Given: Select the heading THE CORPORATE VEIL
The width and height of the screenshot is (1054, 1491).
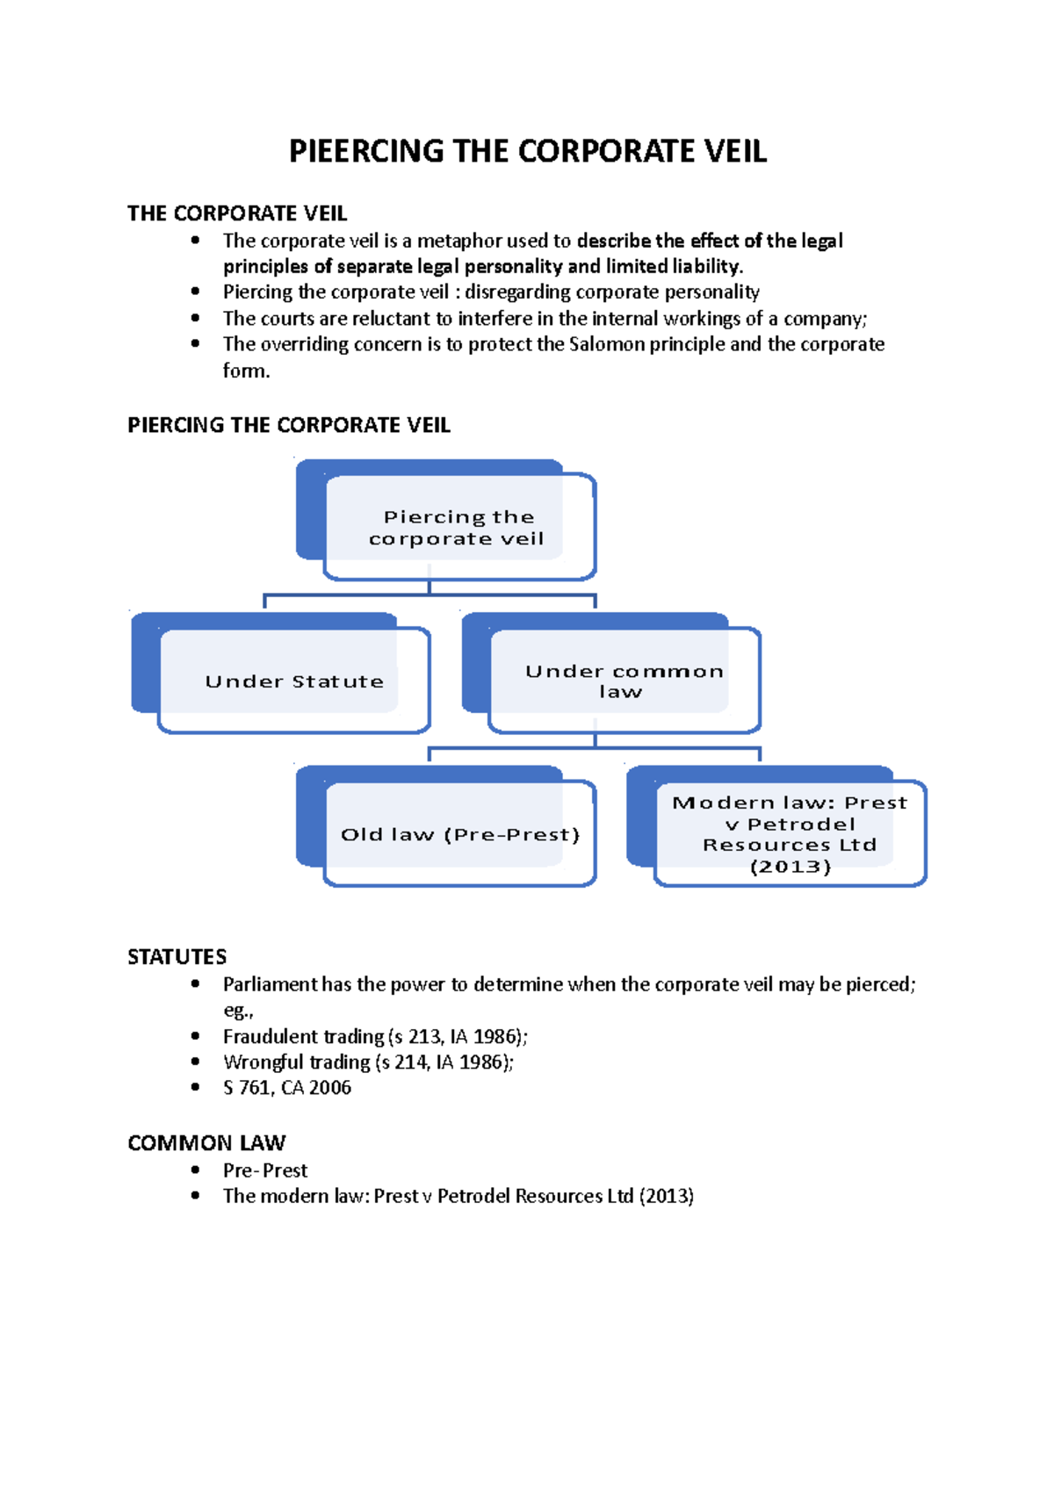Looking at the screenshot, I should (237, 213).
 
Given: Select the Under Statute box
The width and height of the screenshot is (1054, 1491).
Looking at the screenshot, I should (293, 681).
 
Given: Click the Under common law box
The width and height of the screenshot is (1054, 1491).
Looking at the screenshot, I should (623, 681).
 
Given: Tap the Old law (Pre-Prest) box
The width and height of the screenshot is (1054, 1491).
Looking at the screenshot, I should (459, 834).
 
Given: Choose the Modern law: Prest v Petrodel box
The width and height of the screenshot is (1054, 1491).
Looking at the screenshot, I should (789, 832).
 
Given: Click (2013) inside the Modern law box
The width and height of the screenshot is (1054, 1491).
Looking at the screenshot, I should (790, 867).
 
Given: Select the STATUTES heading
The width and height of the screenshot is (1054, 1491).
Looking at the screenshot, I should (177, 957).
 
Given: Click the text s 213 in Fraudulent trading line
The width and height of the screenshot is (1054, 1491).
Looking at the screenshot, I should (417, 1037).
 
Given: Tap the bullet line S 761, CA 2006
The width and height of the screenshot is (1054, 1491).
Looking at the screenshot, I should (286, 1088).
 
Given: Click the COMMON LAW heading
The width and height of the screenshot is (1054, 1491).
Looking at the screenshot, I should (206, 1143).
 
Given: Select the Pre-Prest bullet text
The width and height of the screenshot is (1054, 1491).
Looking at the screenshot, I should (264, 1170).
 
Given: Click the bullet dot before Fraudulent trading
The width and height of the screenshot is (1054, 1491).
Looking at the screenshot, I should (195, 1036).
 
